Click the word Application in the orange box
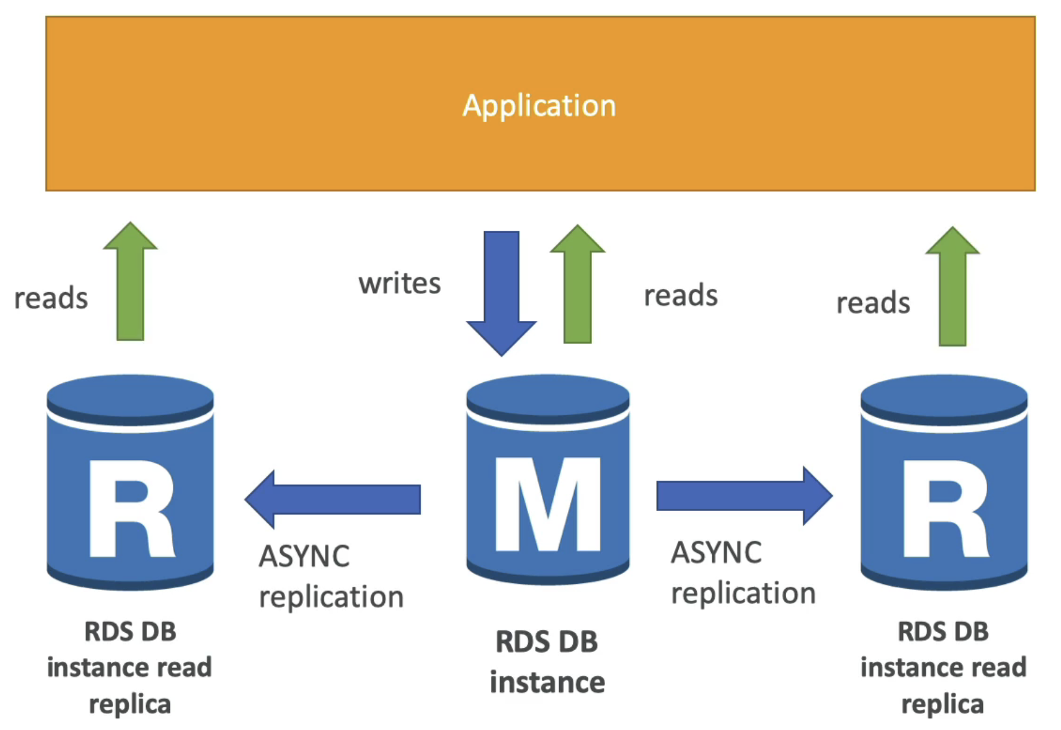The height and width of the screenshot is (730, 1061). click(539, 106)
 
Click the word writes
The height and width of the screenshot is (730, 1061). click(399, 283)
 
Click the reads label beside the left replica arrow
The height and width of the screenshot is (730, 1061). click(51, 298)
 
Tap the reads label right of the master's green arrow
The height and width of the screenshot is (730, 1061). click(681, 295)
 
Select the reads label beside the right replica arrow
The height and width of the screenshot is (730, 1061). click(873, 303)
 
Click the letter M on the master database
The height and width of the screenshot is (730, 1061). click(548, 505)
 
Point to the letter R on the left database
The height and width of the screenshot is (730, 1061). click(131, 509)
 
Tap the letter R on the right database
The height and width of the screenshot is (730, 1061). click(945, 509)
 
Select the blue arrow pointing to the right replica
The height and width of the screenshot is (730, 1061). click(744, 496)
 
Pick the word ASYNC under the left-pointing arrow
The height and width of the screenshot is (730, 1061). click(304, 556)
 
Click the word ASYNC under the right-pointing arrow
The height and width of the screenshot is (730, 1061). click(716, 552)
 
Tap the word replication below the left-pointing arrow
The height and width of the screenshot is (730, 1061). click(331, 597)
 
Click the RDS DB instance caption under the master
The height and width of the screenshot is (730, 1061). click(547, 662)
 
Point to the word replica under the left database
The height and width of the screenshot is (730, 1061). click(130, 704)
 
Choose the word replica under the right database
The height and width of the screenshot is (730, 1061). click(942, 704)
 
